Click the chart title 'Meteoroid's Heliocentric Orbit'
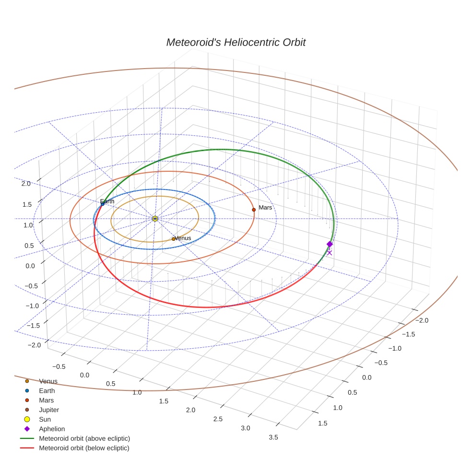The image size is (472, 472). tap(236, 43)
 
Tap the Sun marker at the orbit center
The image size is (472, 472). tap(155, 219)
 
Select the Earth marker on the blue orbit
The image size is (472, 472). tap(103, 204)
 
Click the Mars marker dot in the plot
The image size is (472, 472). tap(254, 210)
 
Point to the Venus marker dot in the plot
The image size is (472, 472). tap(174, 239)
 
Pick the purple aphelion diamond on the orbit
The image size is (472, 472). tap(330, 244)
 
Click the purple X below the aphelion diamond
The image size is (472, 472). tap(330, 253)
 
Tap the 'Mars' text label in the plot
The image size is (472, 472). tap(265, 208)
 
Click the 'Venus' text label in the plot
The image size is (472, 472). tap(183, 238)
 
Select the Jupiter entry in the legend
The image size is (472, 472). tap(48, 410)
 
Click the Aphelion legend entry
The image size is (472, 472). tap(51, 429)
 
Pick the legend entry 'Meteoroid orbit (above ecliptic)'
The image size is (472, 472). tap(84, 438)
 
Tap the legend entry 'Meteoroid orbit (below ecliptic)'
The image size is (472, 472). tap(84, 448)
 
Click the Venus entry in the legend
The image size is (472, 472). tap(48, 381)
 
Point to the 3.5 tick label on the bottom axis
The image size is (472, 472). tap(273, 437)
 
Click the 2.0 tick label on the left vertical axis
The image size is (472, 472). tap(26, 183)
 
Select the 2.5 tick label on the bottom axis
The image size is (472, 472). tap(218, 419)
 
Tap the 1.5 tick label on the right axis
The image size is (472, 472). tap(323, 423)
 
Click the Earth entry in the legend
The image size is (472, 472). tap(47, 391)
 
